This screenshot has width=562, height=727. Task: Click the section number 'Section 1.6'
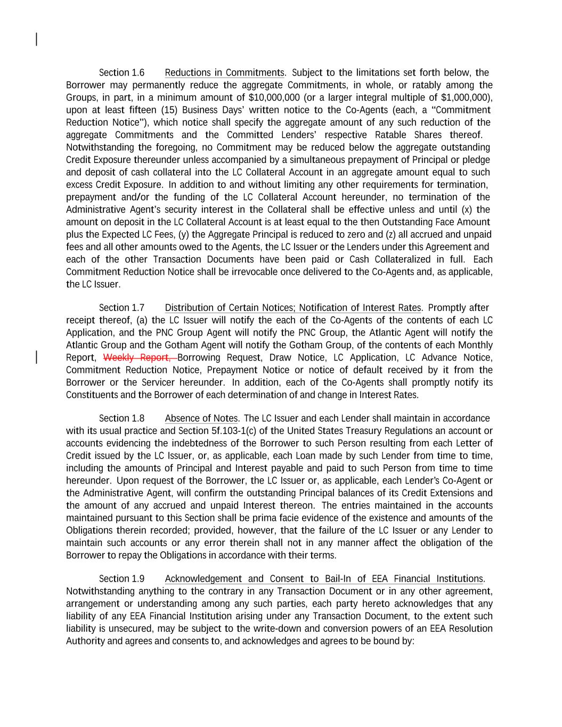121,72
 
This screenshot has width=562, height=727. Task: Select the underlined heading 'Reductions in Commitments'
224,72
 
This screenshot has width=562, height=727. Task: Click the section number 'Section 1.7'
121,308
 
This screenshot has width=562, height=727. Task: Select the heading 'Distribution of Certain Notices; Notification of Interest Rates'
292,308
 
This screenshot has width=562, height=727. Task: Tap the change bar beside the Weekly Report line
36,357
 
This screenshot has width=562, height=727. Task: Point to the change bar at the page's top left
36,39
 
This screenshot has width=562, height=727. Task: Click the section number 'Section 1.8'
121,419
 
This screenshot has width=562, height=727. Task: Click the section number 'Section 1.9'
121,579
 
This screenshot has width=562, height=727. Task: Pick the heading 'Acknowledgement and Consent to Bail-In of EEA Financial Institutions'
324,579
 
